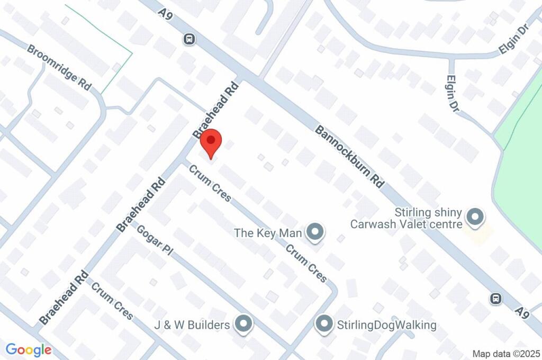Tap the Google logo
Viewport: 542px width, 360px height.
pyautogui.click(x=29, y=349)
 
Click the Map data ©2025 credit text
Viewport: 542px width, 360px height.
pyautogui.click(x=507, y=353)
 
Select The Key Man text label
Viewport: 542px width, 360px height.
pyautogui.click(x=268, y=232)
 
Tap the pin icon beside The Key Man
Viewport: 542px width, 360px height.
pyautogui.click(x=316, y=231)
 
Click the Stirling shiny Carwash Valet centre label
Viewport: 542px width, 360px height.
pyautogui.click(x=406, y=219)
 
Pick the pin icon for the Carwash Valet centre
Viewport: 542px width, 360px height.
pyautogui.click(x=475, y=217)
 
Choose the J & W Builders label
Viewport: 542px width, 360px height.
pyautogui.click(x=192, y=324)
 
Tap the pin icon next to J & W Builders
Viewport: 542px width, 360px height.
pyautogui.click(x=243, y=323)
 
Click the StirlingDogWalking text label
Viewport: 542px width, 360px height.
pyautogui.click(x=387, y=325)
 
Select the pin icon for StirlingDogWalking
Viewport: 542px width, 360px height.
pyautogui.click(x=323, y=324)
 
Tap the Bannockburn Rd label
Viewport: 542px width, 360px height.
pyautogui.click(x=349, y=156)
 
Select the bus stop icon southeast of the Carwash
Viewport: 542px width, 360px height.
pyautogui.click(x=496, y=299)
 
